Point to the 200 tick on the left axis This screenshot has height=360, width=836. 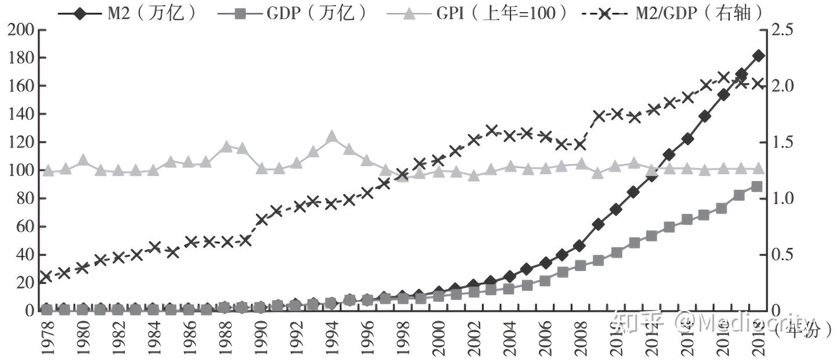(20, 30)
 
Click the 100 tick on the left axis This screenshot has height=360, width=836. (20, 171)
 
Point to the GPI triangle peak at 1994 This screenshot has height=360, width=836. (332, 137)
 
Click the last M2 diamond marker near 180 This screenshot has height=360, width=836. (758, 56)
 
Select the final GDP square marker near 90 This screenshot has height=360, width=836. (757, 186)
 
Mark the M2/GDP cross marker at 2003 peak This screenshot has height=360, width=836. (492, 131)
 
